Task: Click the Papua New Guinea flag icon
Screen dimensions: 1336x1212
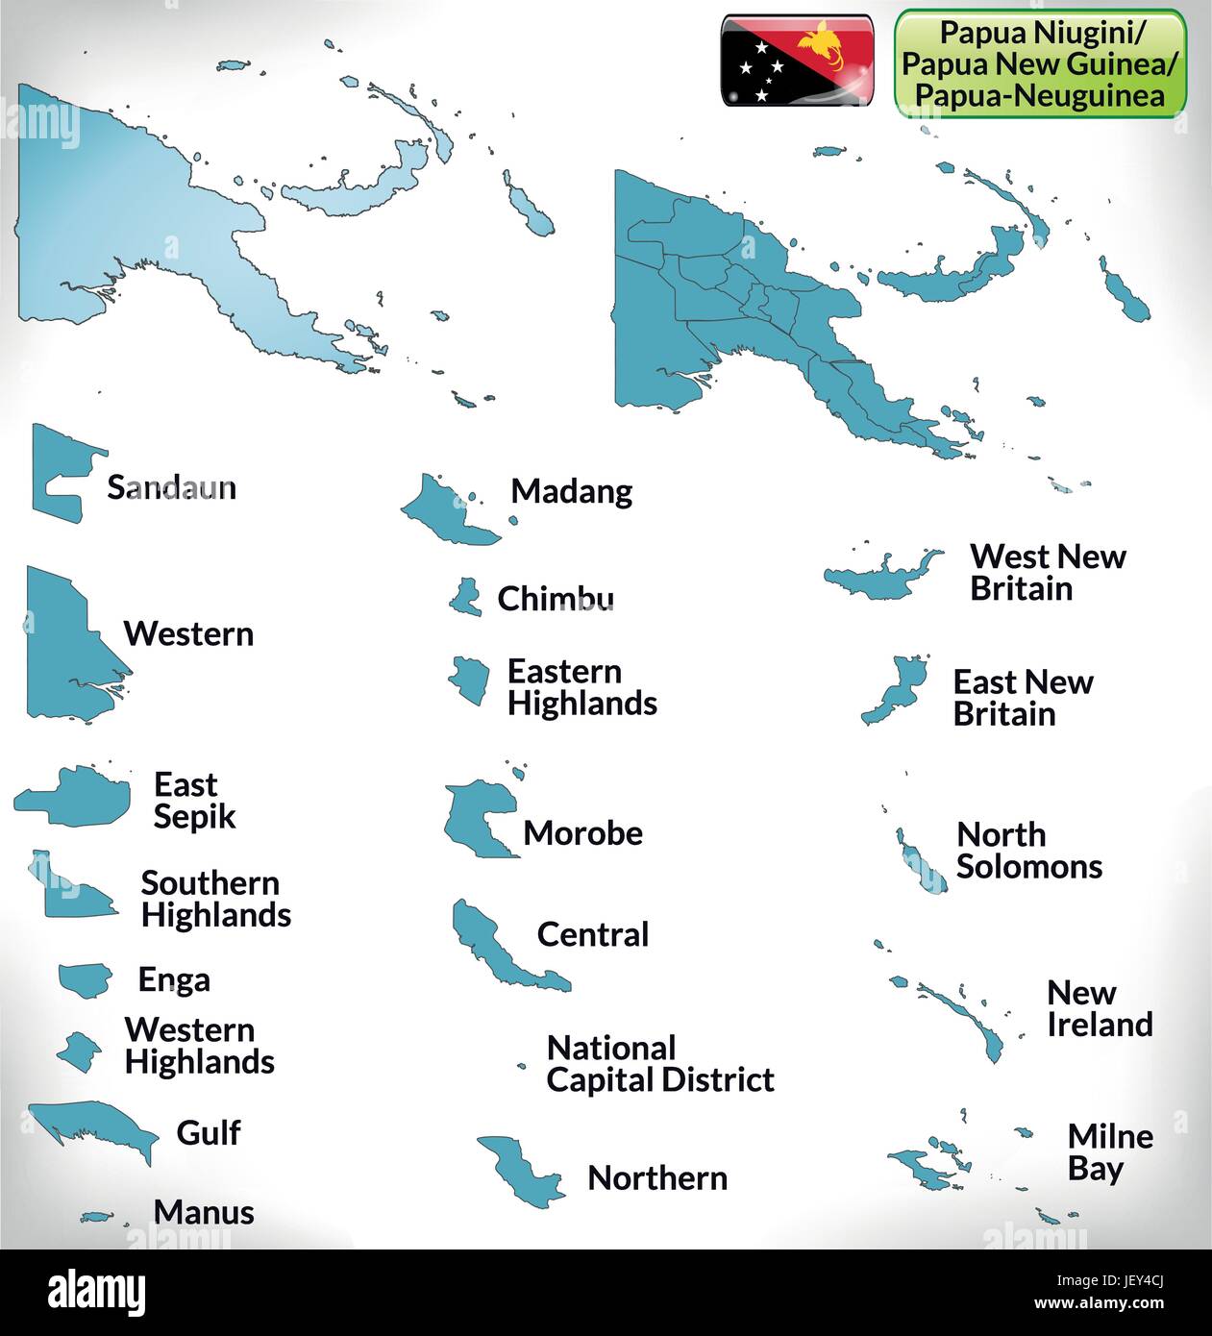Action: coord(797,60)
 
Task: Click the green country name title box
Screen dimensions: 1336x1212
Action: coord(1040,64)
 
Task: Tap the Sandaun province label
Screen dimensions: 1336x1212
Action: coord(171,487)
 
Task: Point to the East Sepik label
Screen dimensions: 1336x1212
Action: coord(193,800)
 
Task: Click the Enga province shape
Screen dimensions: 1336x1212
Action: coord(86,978)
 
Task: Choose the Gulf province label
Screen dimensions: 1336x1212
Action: coord(208,1132)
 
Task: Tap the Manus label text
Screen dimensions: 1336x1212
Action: coord(204,1212)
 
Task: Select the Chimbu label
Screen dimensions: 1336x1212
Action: coord(556,599)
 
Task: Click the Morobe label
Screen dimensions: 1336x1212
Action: coord(582,832)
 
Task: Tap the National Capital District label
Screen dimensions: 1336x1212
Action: coord(659,1063)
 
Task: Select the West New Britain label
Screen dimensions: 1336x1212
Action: coord(1047,572)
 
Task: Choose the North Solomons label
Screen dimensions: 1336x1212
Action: coord(1028,850)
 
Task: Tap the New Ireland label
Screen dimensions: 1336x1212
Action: coord(1099,1008)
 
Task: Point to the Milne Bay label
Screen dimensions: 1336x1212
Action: coord(1109,1152)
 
